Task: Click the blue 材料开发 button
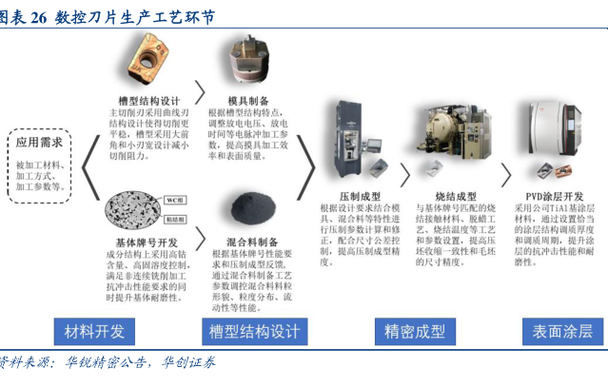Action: pos(94,331)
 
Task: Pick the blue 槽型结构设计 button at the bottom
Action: pos(253,331)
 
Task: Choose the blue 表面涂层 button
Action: pos(561,331)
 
